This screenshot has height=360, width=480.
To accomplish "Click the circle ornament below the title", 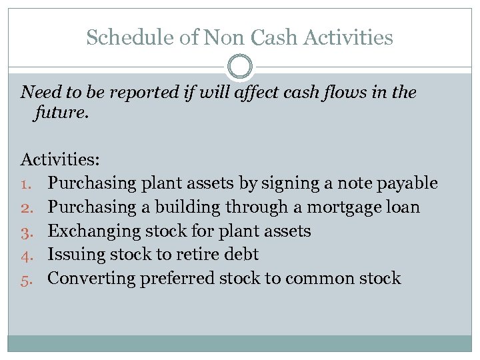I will click(x=240, y=67).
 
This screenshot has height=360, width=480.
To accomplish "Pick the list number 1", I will click(x=27, y=183).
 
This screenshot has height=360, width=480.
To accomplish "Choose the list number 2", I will click(x=27, y=207).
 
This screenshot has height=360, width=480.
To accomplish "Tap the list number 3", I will click(x=27, y=231).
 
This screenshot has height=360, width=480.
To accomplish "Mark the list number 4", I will click(x=27, y=255).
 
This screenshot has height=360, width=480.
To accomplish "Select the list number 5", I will click(x=27, y=279).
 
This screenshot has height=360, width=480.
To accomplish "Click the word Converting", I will click(x=91, y=279).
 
